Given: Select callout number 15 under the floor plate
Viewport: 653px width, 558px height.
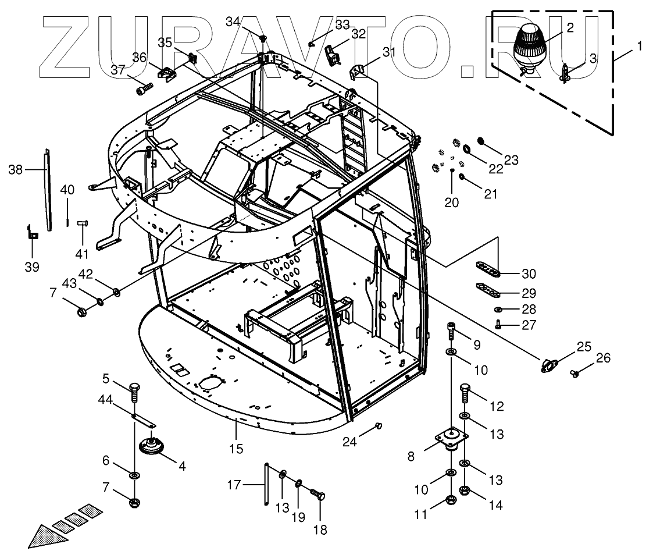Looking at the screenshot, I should coord(235,449).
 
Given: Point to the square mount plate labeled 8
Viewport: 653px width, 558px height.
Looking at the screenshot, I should coord(451,437).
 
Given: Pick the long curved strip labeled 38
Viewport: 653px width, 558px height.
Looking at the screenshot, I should coord(48,189).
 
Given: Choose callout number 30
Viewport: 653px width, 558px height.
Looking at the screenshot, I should coord(529,273).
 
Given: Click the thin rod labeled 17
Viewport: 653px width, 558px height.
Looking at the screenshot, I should coord(266,484).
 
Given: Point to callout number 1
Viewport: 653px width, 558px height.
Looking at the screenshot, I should coord(639,45).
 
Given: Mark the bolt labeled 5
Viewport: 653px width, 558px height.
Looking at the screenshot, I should coord(134,390).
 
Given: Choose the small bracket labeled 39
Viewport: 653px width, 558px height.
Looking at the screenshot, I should coord(32,233).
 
